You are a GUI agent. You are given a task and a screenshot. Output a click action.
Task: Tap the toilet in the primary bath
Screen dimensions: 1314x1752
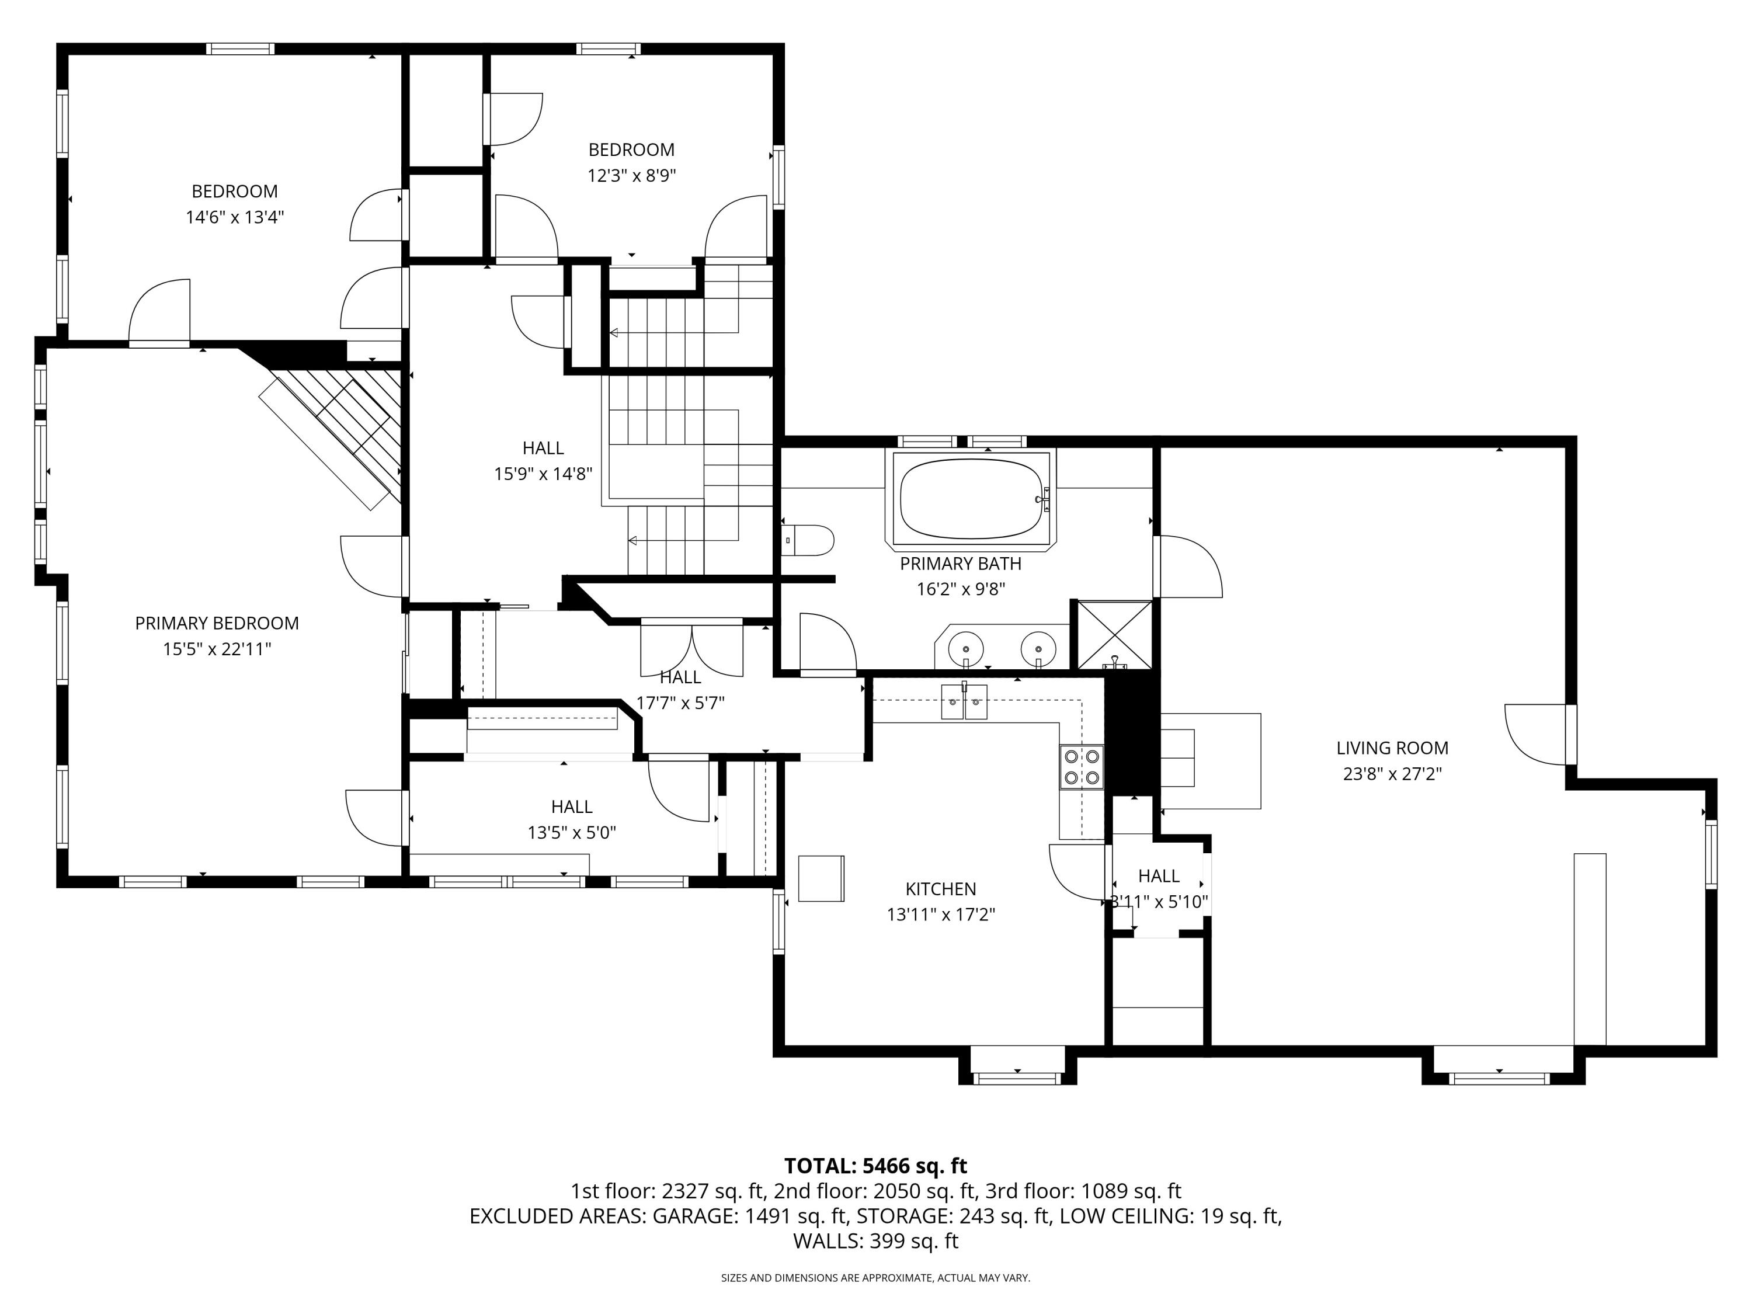(x=809, y=541)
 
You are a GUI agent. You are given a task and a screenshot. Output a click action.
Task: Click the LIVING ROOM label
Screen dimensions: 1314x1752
(x=1392, y=748)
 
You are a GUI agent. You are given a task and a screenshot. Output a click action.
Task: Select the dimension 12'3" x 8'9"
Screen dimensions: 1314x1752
(x=631, y=176)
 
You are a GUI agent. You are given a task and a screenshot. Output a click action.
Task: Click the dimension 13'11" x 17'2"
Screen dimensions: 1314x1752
(x=940, y=915)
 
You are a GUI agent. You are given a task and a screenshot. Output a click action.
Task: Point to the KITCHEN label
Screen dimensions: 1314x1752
(x=940, y=889)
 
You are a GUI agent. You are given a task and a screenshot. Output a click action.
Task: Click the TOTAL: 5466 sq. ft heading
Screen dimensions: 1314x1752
(x=875, y=1166)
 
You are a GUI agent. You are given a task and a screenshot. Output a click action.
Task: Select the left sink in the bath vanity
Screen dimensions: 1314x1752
(x=965, y=647)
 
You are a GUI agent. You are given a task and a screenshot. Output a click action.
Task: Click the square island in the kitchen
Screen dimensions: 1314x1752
(x=821, y=878)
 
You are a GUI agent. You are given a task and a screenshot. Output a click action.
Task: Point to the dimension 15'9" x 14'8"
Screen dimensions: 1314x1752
(x=543, y=474)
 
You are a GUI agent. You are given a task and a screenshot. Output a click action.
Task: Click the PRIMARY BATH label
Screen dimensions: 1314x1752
(x=960, y=564)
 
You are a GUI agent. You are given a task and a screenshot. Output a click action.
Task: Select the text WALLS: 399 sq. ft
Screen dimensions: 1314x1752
(x=875, y=1241)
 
